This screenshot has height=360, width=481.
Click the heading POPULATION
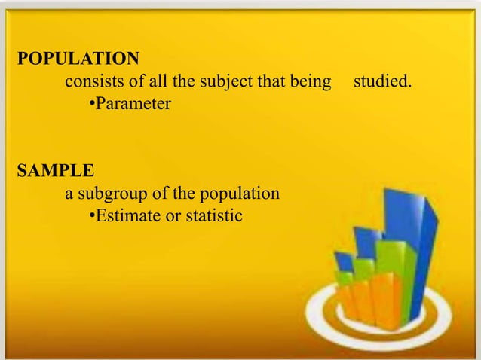(x=78, y=58)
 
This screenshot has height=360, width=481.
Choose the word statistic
(x=212, y=216)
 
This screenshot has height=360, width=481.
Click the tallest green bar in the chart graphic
(x=394, y=275)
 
